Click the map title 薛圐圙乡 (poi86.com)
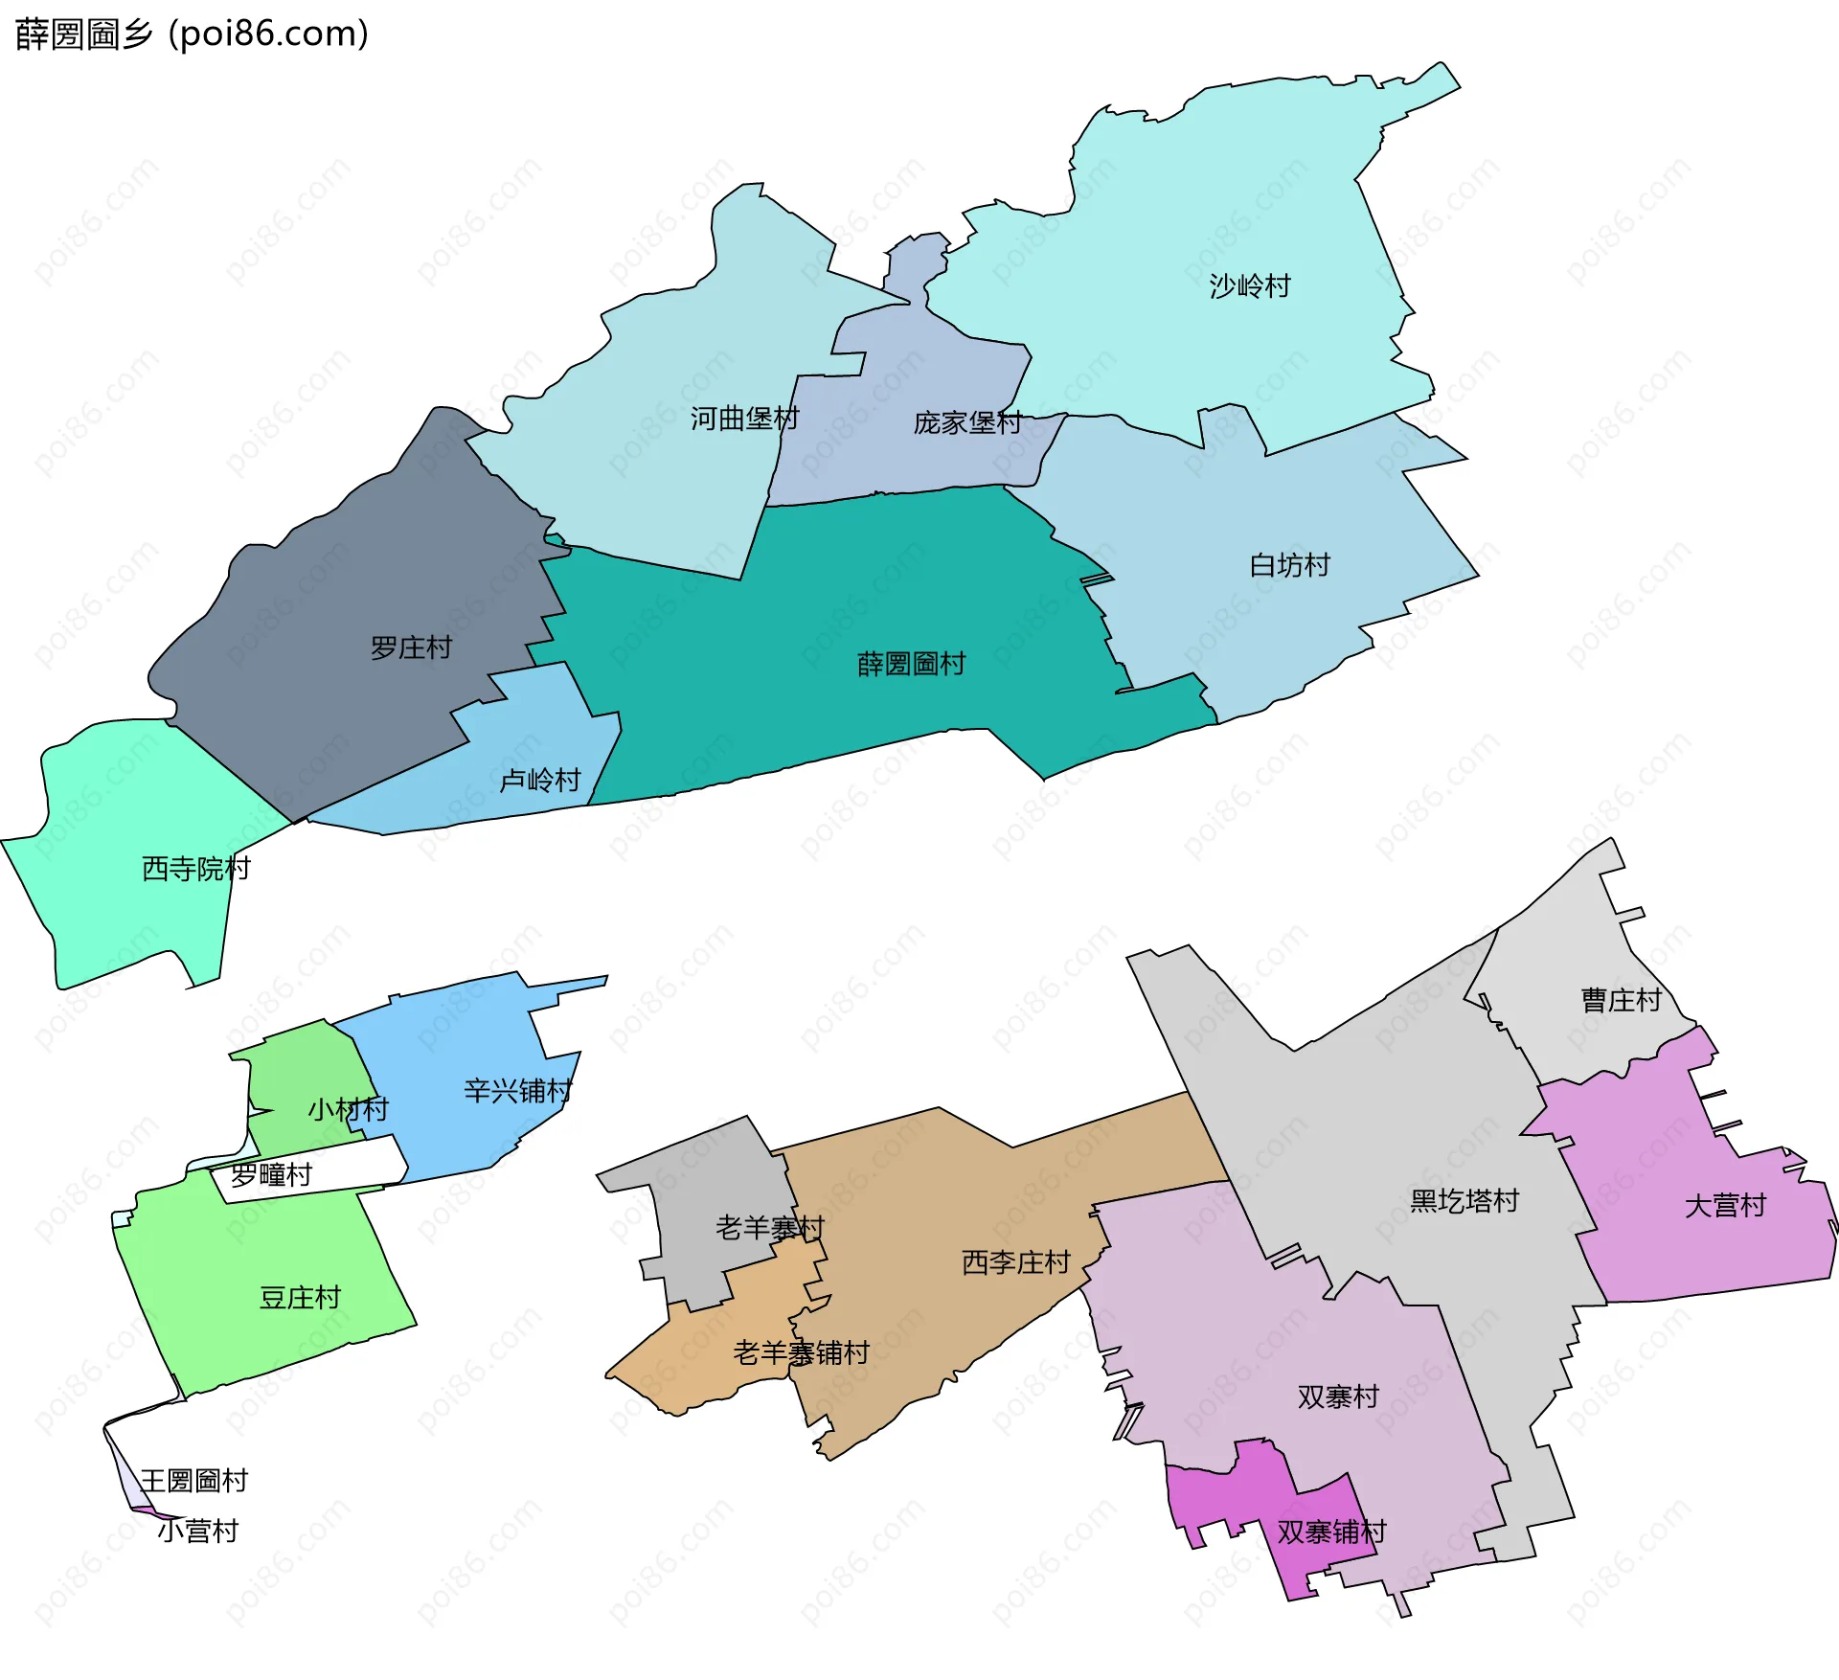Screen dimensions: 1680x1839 (192, 34)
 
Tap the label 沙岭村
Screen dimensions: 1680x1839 (1249, 285)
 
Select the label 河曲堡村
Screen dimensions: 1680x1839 (744, 419)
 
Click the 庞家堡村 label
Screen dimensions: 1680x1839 (967, 422)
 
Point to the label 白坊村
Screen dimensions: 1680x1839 (1289, 565)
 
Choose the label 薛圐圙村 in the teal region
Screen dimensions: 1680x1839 (911, 664)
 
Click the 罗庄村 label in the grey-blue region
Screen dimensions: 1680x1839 (411, 648)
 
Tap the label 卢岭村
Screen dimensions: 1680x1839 (540, 781)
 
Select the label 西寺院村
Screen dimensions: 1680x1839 (195, 869)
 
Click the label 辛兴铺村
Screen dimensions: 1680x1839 (517, 1091)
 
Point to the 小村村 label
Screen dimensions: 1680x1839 (348, 1110)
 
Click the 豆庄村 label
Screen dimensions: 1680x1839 (300, 1298)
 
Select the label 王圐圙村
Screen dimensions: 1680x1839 (193, 1481)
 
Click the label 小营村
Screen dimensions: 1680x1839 (197, 1532)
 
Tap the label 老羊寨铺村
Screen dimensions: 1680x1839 (801, 1353)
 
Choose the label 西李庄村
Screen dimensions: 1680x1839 (1015, 1262)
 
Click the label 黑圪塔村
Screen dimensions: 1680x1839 (1464, 1201)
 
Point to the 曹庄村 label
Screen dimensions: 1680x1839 (1621, 1001)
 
